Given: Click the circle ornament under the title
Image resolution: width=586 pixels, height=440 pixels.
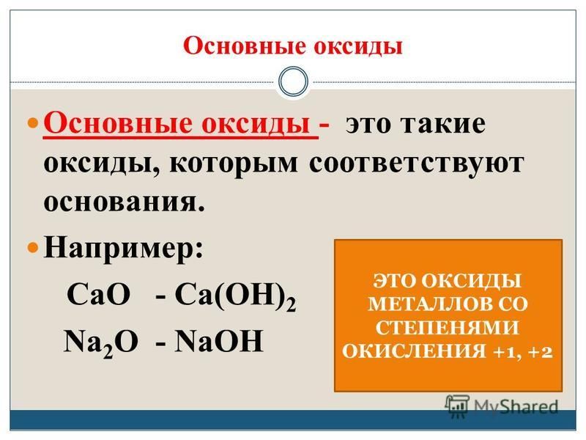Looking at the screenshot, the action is (x=294, y=81).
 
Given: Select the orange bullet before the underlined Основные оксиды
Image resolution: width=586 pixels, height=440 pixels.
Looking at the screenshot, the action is (x=34, y=123).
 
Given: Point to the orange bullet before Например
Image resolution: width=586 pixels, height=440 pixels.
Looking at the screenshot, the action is (x=34, y=248).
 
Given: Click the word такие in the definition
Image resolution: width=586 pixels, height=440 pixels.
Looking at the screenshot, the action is (x=443, y=124).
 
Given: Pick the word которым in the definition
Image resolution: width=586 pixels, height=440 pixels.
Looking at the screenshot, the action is (x=234, y=164).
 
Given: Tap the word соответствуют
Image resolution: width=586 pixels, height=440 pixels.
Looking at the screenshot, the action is (x=417, y=164).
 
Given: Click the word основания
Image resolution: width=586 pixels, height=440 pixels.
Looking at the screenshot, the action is (x=125, y=202).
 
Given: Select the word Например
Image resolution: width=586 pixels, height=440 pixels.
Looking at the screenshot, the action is (x=123, y=249).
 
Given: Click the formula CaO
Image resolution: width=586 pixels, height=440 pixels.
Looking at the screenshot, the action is (x=99, y=294).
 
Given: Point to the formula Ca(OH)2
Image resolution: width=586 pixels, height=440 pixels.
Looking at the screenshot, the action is (x=235, y=296).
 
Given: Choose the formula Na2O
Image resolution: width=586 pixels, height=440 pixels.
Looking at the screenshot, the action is (x=100, y=342).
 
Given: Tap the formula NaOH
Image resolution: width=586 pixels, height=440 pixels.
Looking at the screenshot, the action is (x=219, y=340).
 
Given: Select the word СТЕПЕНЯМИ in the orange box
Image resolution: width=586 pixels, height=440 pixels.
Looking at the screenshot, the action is (x=448, y=328).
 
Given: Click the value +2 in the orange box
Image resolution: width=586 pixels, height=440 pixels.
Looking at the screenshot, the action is (x=541, y=353).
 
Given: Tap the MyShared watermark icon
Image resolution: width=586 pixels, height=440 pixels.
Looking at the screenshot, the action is (x=457, y=406).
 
